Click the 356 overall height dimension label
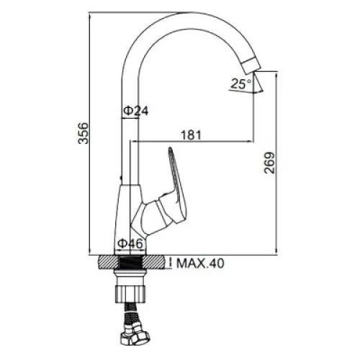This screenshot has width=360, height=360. pyautogui.click(x=84, y=133)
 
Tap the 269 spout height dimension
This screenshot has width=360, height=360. pyautogui.click(x=269, y=163)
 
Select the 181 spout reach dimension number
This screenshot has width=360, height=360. pyautogui.click(x=191, y=135)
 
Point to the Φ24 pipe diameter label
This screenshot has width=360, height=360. pyautogui.click(x=136, y=111)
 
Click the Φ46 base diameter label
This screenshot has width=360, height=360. pyautogui.click(x=130, y=244)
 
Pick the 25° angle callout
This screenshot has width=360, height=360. pyautogui.click(x=240, y=84)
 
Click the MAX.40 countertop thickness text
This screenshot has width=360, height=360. pyautogui.click(x=200, y=264)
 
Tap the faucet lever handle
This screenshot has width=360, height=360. pyautogui.click(x=176, y=185)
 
